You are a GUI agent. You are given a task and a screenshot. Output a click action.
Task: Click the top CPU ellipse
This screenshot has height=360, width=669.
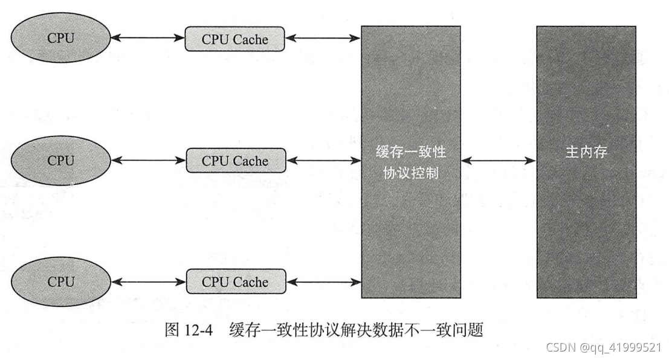point(60,38)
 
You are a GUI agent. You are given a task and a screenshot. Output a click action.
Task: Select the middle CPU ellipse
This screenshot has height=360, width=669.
point(60,161)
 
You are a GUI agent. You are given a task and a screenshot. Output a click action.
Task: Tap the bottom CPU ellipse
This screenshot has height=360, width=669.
point(60,281)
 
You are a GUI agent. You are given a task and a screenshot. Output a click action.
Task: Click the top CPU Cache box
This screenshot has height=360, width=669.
point(234,39)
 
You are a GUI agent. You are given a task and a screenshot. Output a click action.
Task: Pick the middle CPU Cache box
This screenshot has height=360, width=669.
point(234,161)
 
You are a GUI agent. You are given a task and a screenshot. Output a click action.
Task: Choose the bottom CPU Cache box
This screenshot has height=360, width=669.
point(234,282)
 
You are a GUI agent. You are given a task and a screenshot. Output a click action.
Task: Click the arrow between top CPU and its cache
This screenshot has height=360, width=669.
point(148,39)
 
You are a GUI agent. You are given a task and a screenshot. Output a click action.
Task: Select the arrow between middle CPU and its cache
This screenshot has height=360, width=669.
point(148,161)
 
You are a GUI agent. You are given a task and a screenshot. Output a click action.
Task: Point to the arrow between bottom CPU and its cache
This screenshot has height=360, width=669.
point(148,281)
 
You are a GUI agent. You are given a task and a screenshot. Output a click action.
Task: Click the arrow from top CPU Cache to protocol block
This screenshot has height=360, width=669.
point(323,39)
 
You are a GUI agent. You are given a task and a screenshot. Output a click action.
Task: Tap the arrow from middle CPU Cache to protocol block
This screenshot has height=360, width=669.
point(323,161)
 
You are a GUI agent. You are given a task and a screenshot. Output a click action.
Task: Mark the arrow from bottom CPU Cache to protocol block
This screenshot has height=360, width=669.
point(323,281)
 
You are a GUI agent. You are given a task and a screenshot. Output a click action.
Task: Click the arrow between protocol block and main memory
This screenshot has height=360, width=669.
point(499,161)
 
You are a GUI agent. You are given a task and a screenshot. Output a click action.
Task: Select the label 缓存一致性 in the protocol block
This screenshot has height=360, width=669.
point(411,151)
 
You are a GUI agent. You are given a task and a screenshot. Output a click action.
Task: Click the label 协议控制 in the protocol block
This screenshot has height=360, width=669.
point(411,173)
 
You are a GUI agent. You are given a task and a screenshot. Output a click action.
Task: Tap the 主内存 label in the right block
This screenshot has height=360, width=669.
point(586,152)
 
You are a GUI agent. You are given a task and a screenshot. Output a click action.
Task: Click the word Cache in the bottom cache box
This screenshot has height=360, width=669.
point(250,282)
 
